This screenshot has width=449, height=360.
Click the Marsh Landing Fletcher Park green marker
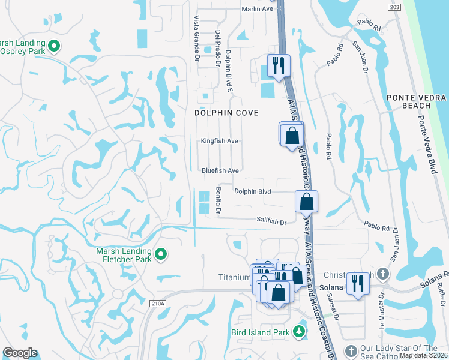click(160, 255)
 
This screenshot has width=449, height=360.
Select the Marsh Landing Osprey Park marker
click(53, 46)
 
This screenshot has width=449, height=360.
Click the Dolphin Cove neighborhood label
click(226, 113)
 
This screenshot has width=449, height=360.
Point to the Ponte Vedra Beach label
click(417, 101)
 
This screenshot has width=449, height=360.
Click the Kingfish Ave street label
click(220, 141)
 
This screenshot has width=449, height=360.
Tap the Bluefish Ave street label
click(220, 170)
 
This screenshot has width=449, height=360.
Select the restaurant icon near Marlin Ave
click(278, 65)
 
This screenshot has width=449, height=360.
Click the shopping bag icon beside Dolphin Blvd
click(306, 201)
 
